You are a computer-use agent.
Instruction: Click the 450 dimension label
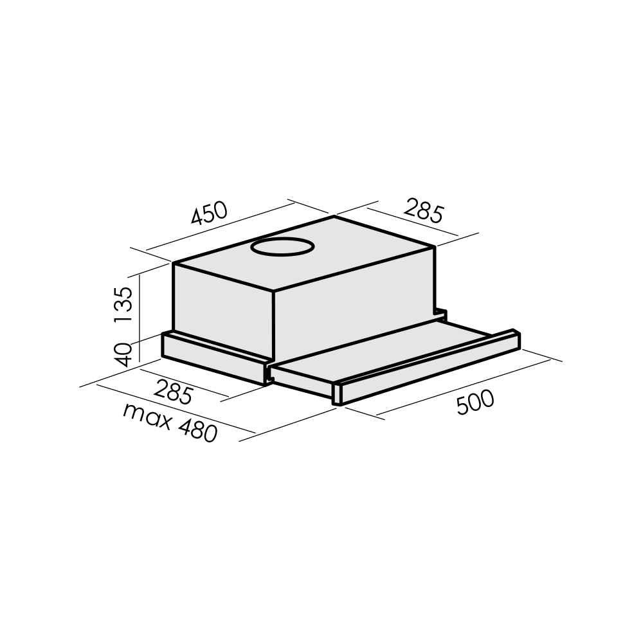(209, 213)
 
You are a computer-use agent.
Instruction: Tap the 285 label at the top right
(424, 210)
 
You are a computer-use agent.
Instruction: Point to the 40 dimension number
(123, 354)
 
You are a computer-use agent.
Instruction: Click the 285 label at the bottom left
(173, 392)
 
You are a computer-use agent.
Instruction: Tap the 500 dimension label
(475, 403)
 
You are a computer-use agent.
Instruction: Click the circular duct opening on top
(282, 247)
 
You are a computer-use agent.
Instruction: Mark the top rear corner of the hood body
(335, 216)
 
